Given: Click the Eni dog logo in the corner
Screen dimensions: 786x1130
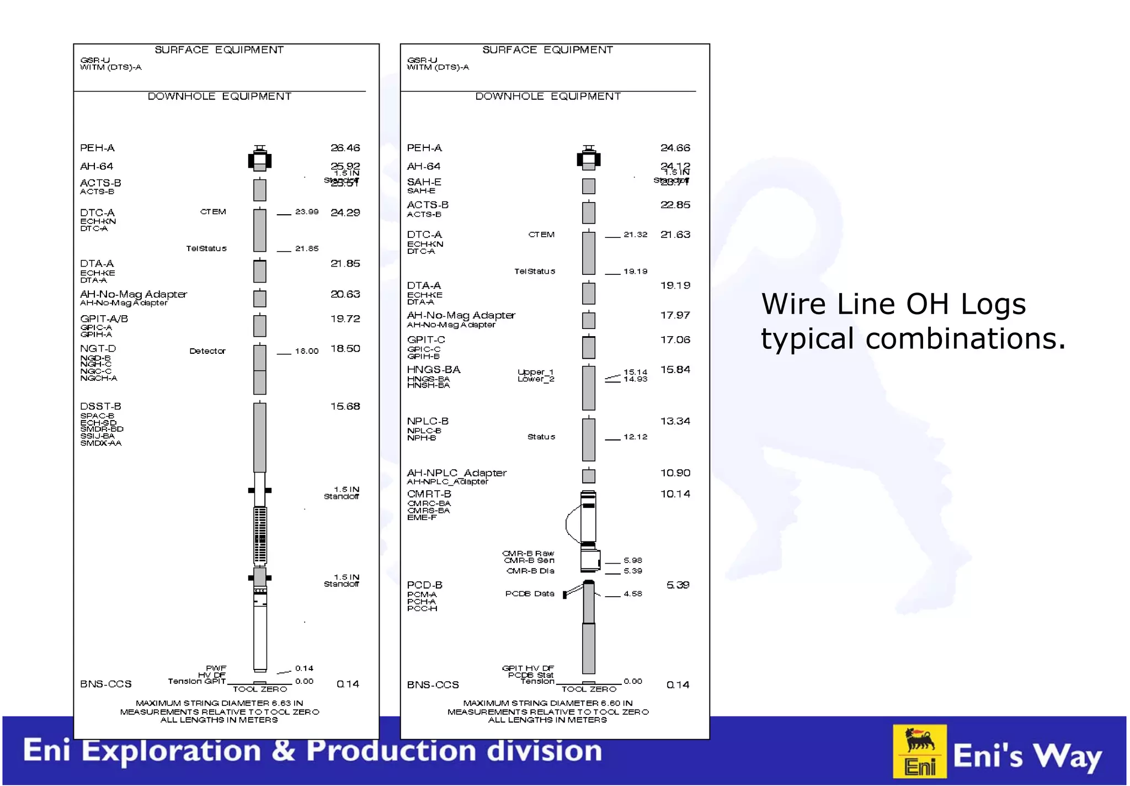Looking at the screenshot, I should tap(920, 751).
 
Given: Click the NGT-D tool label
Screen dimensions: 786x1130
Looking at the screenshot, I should tap(98, 349).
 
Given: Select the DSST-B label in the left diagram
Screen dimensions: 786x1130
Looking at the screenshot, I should tap(100, 406).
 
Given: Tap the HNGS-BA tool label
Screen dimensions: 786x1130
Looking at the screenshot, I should tap(433, 370).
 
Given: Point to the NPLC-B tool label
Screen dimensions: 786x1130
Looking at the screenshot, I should tap(428, 421).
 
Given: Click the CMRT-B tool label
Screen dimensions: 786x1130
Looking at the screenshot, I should tap(429, 494).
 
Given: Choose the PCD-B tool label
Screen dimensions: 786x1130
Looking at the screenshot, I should tap(424, 585).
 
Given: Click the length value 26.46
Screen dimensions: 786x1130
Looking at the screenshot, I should tap(345, 148).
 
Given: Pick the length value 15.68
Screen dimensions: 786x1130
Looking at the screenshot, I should tap(345, 406).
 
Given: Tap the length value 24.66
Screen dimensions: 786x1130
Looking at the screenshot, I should tap(675, 148).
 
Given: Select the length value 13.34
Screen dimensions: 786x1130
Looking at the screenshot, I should tap(675, 421).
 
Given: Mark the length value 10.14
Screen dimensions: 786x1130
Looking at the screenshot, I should tap(675, 494).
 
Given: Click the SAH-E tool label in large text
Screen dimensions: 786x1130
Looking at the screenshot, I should tap(424, 182).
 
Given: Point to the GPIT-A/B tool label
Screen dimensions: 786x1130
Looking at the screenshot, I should tap(104, 319).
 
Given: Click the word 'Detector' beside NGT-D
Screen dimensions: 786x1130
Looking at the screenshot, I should tap(207, 351).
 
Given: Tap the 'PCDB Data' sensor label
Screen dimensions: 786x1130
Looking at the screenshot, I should tap(529, 594).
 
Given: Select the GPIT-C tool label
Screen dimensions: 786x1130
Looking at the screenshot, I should tap(425, 340).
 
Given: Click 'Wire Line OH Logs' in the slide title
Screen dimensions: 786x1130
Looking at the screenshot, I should tap(893, 304).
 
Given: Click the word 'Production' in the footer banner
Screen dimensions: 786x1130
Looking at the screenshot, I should tap(392, 751).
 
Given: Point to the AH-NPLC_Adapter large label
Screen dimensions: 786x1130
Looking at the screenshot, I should tap(456, 473).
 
